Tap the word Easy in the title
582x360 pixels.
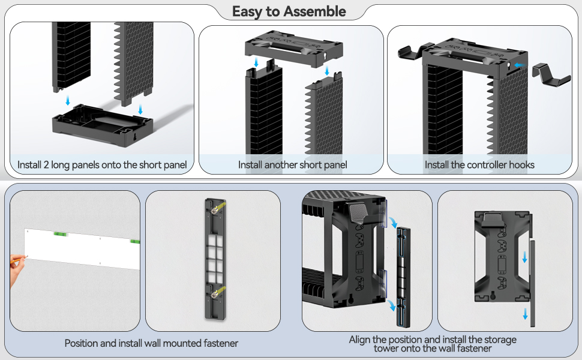tap(248, 12)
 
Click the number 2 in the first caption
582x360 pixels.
tap(46, 164)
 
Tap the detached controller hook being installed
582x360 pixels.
tap(551, 74)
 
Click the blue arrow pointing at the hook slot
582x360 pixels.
tap(520, 65)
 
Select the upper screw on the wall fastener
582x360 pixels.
tap(214, 209)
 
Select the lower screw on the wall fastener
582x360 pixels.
tap(214, 295)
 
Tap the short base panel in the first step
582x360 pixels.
tap(103, 125)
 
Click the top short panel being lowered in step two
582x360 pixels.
tap(294, 48)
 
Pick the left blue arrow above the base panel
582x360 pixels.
tap(68, 100)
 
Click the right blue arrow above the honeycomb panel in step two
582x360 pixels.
tap(327, 71)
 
